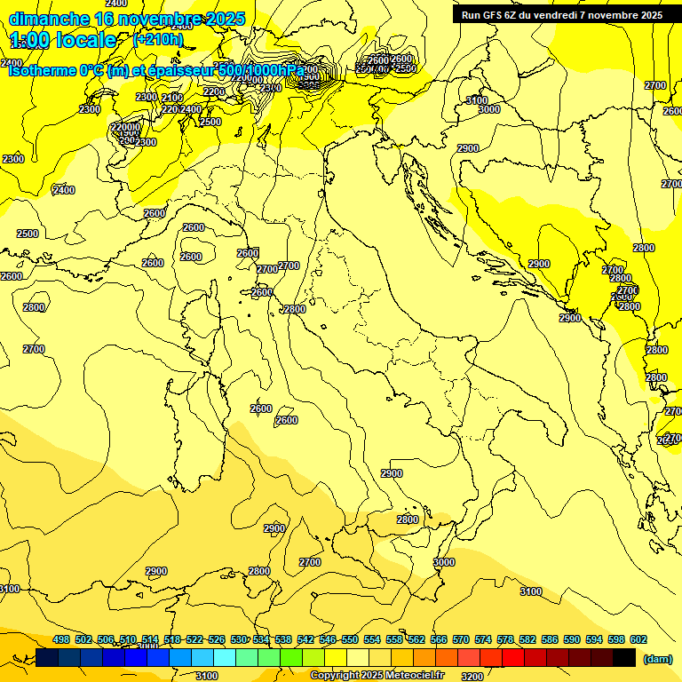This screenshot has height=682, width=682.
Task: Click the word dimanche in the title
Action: click(49, 19)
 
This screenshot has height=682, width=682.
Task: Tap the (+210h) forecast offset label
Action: click(157, 39)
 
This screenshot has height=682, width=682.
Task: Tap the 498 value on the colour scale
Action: click(61, 639)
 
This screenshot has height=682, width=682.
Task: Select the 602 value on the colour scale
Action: click(638, 639)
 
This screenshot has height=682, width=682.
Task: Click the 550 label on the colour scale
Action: click(350, 639)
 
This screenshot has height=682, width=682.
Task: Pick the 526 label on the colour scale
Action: click(217, 639)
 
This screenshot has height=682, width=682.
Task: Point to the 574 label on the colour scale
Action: click(483, 639)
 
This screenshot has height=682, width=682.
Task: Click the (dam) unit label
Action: click(657, 658)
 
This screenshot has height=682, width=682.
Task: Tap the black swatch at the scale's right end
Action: click(624, 657)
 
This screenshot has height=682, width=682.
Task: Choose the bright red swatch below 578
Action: click(513, 657)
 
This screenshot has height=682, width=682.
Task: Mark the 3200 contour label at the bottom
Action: click(472, 676)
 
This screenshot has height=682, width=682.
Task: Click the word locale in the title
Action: click(85, 40)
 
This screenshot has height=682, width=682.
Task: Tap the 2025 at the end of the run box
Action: click(649, 15)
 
